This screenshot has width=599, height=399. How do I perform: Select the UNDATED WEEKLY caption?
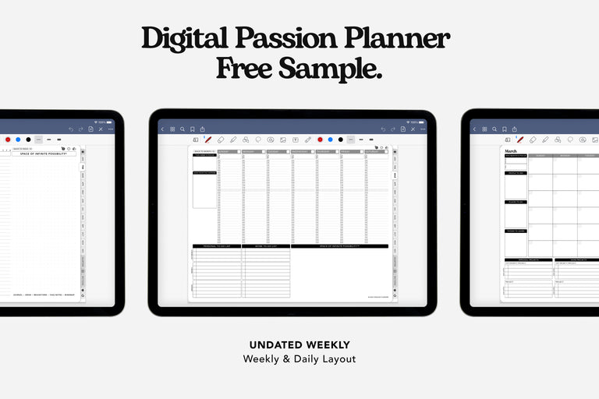[x=299, y=345]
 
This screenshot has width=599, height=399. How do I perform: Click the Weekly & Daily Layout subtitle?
[x=299, y=359]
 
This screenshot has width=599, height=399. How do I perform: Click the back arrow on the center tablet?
[x=162, y=129]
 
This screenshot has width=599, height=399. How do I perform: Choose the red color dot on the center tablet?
[x=318, y=139]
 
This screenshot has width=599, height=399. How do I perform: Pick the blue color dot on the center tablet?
[x=329, y=139]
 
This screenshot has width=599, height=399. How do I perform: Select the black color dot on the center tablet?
[x=340, y=139]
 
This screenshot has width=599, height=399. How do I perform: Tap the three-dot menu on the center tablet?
[x=422, y=129]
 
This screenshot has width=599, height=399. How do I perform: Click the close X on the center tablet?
[x=412, y=129]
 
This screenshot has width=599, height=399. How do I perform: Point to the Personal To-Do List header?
[x=217, y=246]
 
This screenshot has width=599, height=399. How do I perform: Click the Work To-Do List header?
[x=266, y=246]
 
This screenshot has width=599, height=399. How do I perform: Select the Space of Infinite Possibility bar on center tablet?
[x=339, y=246]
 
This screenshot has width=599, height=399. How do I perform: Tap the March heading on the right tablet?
[x=511, y=151]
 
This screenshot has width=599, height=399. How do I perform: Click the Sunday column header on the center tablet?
[x=229, y=152]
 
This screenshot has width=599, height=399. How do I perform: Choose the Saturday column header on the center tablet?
[x=376, y=152]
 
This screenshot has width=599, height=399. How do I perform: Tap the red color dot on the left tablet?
[x=8, y=139]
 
